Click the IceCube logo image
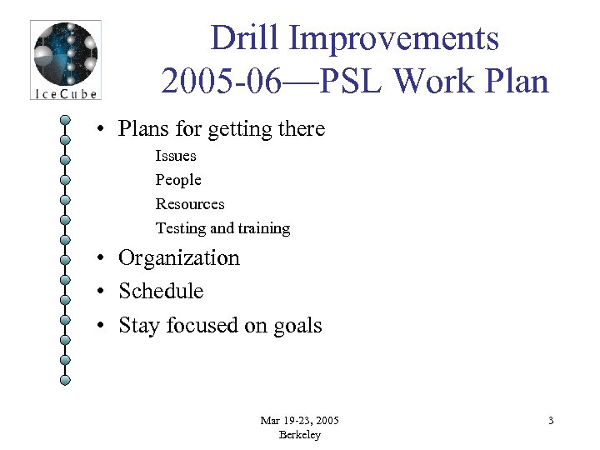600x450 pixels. (65, 60)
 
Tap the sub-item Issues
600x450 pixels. (176, 156)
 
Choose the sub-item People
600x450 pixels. (178, 180)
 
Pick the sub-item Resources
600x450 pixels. (190, 204)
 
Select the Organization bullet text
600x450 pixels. (179, 258)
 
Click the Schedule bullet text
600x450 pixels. (161, 292)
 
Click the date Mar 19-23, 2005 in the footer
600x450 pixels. (299, 421)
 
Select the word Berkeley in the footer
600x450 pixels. (299, 435)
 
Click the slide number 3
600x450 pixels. (551, 421)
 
